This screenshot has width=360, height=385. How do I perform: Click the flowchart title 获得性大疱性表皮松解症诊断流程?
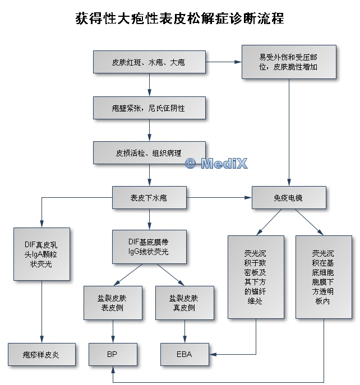(179, 18)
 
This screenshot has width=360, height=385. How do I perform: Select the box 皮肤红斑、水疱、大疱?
(149, 62)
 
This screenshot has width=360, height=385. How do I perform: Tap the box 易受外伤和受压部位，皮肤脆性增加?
(289, 62)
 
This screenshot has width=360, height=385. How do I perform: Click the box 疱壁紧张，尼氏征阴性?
(149, 107)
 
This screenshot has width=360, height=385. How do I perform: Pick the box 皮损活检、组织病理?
(149, 152)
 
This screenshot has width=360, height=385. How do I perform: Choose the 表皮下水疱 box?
(149, 198)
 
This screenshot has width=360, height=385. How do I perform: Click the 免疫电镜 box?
(289, 198)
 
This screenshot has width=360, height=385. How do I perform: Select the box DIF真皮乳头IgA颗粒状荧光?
(41, 254)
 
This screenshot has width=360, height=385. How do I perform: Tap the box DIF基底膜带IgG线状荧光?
(149, 247)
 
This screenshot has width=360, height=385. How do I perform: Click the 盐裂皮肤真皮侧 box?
(184, 303)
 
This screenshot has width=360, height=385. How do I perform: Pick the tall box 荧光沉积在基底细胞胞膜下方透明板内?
(324, 277)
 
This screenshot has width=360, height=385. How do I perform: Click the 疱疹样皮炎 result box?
(41, 354)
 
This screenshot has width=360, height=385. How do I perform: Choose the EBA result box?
(184, 354)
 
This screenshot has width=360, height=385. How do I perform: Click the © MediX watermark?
(216, 163)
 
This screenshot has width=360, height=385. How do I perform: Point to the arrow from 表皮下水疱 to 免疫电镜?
(219, 198)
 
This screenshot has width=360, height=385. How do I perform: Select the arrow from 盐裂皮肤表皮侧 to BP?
(114, 331)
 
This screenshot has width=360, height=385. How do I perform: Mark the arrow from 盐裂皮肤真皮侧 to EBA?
(184, 331)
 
